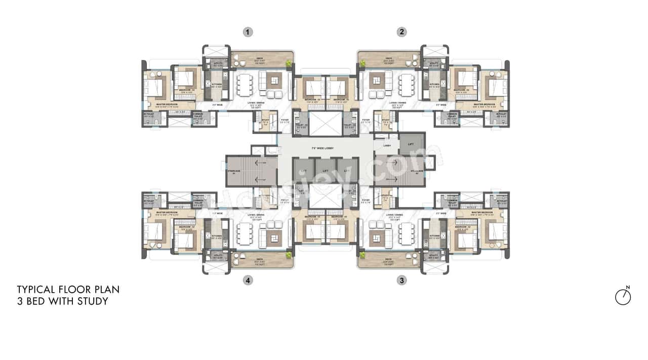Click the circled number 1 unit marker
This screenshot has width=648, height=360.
[x=248, y=32]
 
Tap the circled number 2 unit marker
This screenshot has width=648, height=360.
[x=401, y=32]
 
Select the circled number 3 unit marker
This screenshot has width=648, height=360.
[x=401, y=280]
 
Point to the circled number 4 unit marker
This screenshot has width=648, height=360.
[x=248, y=280]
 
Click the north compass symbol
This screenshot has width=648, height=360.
[x=623, y=297]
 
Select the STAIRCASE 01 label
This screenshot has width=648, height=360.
[x=233, y=172]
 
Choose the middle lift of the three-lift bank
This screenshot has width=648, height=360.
[x=326, y=171]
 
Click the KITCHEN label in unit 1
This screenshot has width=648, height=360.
[x=209, y=85]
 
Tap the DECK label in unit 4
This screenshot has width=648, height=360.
[x=262, y=259]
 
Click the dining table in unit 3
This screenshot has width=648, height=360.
[x=407, y=233]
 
